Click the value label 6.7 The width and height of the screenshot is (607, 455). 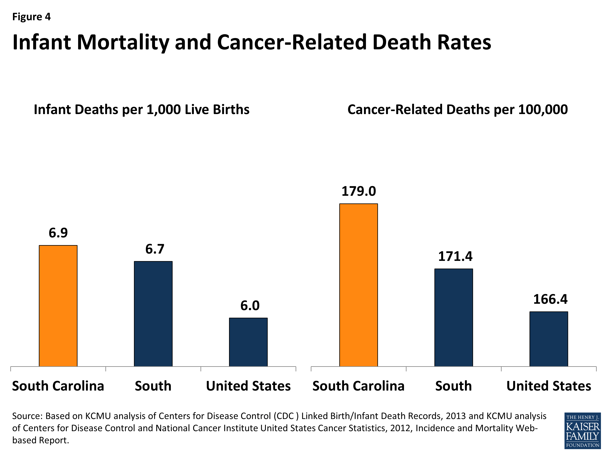[x=155, y=249]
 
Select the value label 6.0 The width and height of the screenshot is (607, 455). [x=250, y=306]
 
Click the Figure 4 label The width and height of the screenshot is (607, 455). [x=32, y=17]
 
